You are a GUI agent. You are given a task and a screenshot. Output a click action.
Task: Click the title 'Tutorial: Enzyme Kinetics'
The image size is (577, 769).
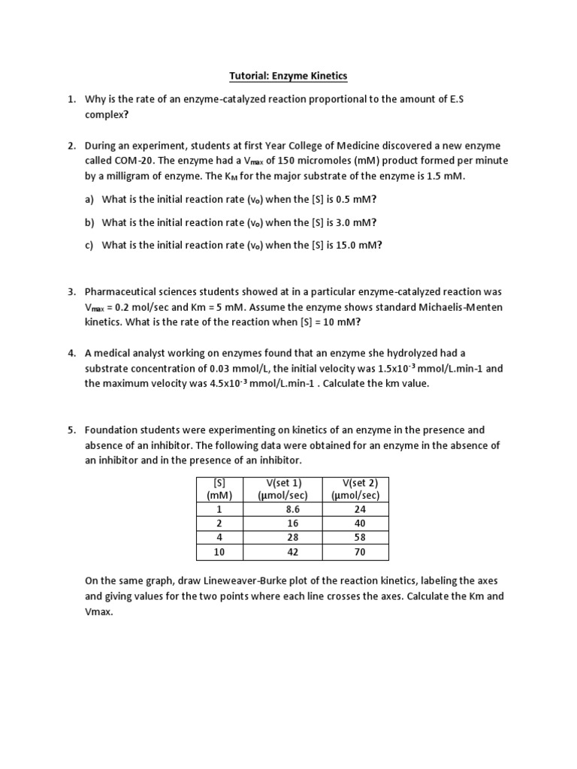pyautogui.click(x=288, y=76)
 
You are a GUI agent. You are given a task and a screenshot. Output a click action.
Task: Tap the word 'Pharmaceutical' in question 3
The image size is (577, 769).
pyautogui.click(x=122, y=291)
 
